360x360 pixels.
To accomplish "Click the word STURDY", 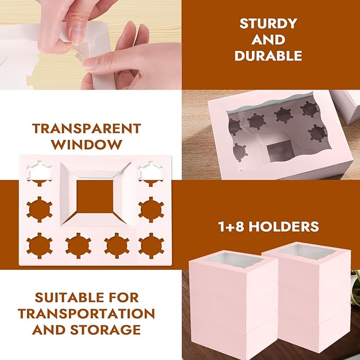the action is pos(268,23).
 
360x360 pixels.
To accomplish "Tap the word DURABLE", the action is pos(268,56).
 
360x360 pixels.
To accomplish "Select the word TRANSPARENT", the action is pos(86,128).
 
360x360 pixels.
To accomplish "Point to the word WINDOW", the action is pos(86,145).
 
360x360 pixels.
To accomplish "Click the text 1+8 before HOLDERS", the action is pos(231,226).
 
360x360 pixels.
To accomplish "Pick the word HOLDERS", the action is pos(284,226).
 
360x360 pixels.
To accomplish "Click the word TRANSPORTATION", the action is pos(86,314).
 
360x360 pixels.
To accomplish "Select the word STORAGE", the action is pos(106,330).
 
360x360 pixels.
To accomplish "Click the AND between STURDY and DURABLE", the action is pos(268,40).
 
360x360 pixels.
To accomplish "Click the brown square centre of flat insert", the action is pos(95,197).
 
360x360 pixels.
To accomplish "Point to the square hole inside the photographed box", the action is pos(280,151).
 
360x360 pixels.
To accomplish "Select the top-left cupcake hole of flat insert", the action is pos(39,173).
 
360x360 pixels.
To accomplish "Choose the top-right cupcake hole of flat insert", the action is pos(151,173).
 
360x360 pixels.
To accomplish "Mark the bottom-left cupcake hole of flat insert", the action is pos(39,245).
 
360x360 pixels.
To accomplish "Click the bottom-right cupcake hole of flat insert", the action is pos(151,245).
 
